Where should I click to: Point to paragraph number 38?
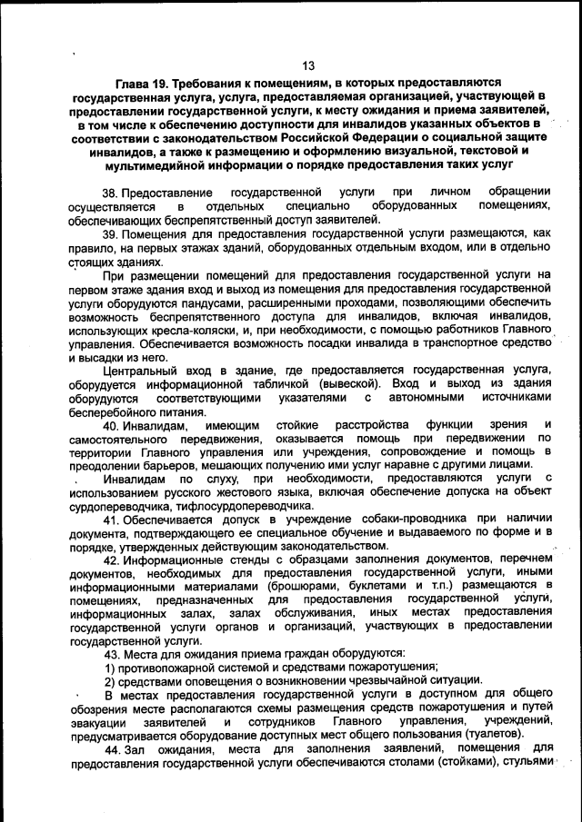point(111,193)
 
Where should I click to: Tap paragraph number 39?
point(111,233)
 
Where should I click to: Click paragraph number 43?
point(113,654)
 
